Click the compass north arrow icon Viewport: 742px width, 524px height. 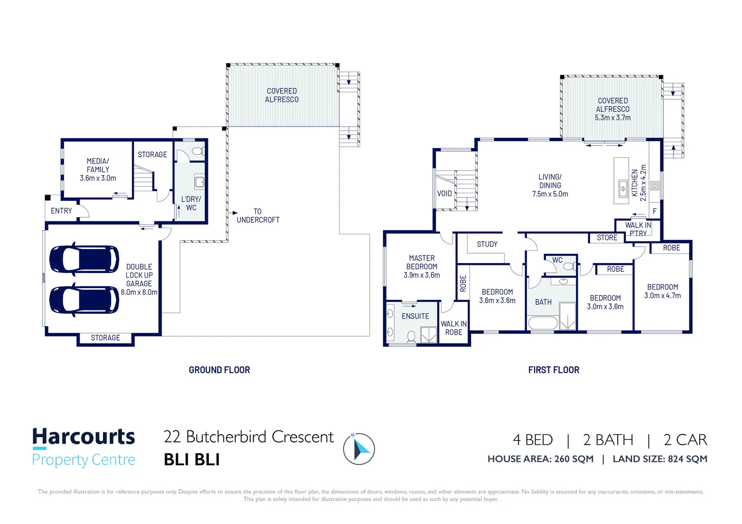point(359,449)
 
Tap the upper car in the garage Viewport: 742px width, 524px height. point(84,259)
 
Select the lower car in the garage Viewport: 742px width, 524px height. point(84,299)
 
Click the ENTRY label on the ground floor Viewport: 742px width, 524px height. point(61,211)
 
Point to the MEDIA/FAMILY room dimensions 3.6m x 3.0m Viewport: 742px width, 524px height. point(98,178)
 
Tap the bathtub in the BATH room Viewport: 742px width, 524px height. point(543,323)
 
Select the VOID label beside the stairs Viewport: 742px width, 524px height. point(444,193)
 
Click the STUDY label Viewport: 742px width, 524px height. point(487,244)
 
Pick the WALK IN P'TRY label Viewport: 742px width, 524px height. point(638,229)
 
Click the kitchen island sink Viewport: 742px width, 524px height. point(623,188)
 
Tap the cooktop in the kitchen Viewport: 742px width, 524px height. point(654,185)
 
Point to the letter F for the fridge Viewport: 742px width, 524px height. point(655,211)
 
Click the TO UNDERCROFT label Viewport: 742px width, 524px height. point(258,215)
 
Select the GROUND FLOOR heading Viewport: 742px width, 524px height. point(219,370)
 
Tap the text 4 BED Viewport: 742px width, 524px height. point(533,440)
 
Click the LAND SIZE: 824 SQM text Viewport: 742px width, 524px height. point(660,459)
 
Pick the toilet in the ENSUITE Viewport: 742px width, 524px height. point(411,336)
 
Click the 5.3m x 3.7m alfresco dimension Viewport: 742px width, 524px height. point(612,117)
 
